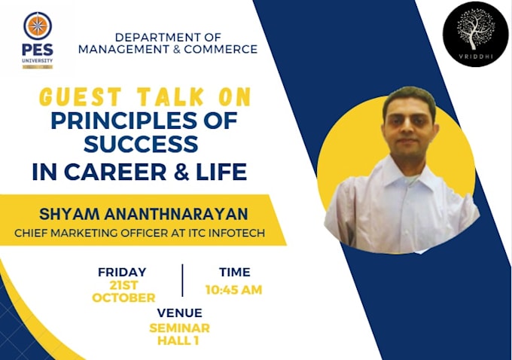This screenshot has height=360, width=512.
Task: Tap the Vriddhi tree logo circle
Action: point(475,34)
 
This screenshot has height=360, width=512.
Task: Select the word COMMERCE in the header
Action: point(223,50)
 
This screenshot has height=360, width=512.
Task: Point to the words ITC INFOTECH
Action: point(225,233)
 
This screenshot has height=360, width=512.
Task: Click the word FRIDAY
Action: point(122,272)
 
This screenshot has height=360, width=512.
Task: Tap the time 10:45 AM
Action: point(233,290)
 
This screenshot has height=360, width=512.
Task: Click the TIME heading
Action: point(233,272)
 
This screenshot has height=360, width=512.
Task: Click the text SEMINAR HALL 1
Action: point(179,334)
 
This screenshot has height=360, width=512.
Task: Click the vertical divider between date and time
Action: point(182,280)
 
